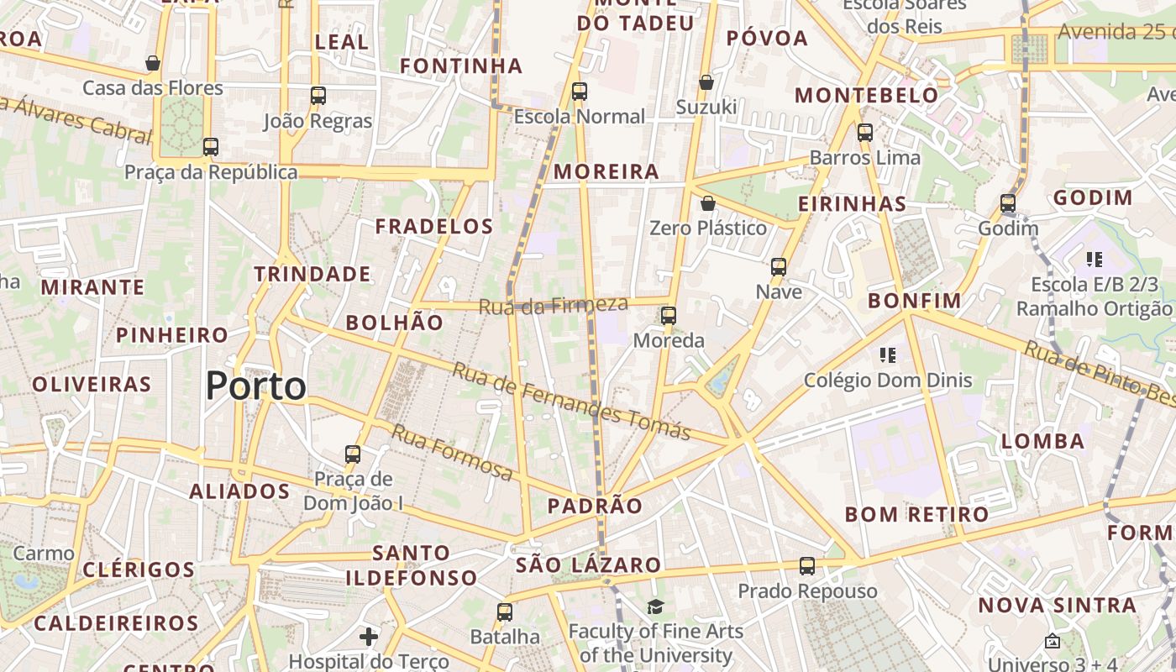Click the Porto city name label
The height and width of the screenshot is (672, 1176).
pyautogui.click(x=255, y=386)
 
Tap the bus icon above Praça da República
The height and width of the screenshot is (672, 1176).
pyautogui.click(x=211, y=147)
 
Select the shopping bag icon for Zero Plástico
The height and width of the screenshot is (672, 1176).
pyautogui.click(x=708, y=203)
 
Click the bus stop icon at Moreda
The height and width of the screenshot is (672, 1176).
pyautogui.click(x=669, y=316)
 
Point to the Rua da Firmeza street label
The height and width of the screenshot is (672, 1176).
pyautogui.click(x=553, y=305)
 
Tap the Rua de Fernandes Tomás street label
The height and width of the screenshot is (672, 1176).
pyautogui.click(x=571, y=401)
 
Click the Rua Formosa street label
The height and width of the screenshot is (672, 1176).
pyautogui.click(x=452, y=454)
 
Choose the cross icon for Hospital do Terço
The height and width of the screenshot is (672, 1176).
pyautogui.click(x=369, y=637)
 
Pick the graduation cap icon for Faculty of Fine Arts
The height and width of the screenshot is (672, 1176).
pyautogui.click(x=655, y=606)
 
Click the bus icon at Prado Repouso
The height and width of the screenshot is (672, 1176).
pyautogui.click(x=807, y=566)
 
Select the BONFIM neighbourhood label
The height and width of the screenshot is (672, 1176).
pyautogui.click(x=915, y=301)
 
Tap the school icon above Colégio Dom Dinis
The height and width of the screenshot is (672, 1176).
pyautogui.click(x=888, y=355)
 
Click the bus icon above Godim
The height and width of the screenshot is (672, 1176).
pyautogui.click(x=1008, y=203)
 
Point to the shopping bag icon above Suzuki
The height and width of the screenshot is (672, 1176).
pyautogui.click(x=706, y=82)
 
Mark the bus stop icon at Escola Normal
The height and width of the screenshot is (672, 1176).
pyautogui.click(x=580, y=92)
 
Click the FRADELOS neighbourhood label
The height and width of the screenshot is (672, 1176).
pyautogui.click(x=434, y=226)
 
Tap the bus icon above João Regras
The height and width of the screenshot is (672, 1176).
pyautogui.click(x=318, y=96)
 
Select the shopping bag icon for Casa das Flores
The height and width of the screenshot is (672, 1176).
pyautogui.click(x=153, y=63)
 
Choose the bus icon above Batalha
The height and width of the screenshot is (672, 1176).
pyautogui.click(x=505, y=612)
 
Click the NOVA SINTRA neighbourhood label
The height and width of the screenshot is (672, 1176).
pyautogui.click(x=1057, y=605)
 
